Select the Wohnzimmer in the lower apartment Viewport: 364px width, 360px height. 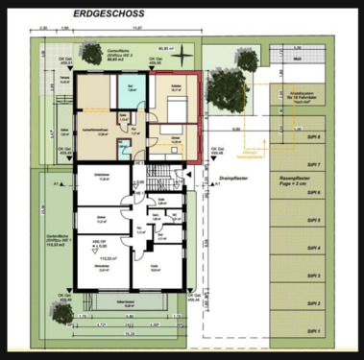(x=95, y=268)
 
